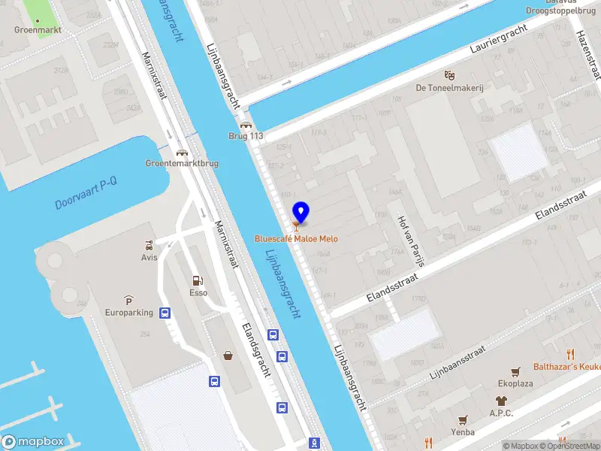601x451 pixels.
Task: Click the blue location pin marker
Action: pos(300,213)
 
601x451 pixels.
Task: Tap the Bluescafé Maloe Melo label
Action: pos(296,239)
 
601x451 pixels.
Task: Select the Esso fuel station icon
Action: pos(198,280)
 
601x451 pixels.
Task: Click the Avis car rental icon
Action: pos(149,245)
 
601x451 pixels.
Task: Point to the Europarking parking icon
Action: pos(128,299)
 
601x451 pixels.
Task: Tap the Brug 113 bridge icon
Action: pos(245,126)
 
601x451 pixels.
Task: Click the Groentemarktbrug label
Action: pos(182,162)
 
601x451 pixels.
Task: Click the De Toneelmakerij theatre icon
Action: pos(449,75)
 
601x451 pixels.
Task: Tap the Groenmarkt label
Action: pos(38,30)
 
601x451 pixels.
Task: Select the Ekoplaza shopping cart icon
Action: pos(515,371)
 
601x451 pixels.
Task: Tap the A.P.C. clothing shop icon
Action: pos(501,400)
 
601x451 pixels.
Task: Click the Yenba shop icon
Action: pos(463,420)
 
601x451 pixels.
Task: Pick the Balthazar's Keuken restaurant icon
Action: pos(570,354)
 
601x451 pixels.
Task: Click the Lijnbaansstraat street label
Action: pos(458,363)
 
